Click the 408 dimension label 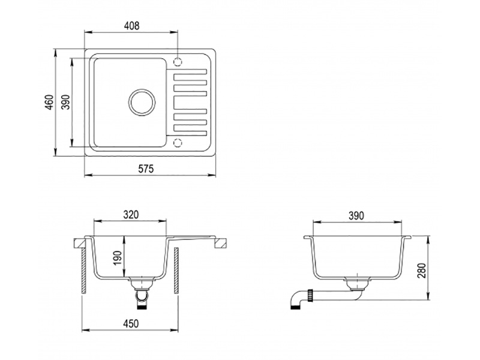point(131,26)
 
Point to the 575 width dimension point(146,169)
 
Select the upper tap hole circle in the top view point(178,61)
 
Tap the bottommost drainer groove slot point(190,127)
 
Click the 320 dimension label point(131,214)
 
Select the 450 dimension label point(131,324)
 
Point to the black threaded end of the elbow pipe point(293,304)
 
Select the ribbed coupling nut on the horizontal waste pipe point(311,294)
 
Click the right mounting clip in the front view point(221,242)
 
